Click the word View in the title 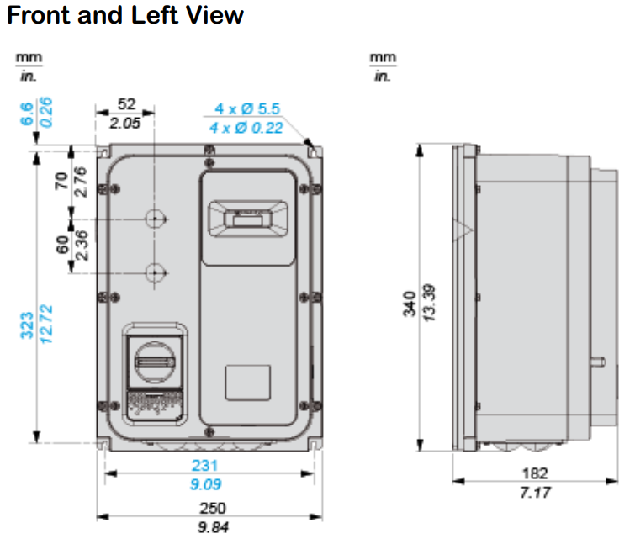(214, 15)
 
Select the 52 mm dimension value (126, 104)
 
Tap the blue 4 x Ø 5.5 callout (247, 108)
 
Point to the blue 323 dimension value (27, 325)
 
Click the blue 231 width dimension (204, 466)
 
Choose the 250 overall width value (213, 509)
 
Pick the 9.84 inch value (213, 527)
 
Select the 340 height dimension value (410, 304)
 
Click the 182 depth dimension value (535, 473)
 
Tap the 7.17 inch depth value (535, 492)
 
